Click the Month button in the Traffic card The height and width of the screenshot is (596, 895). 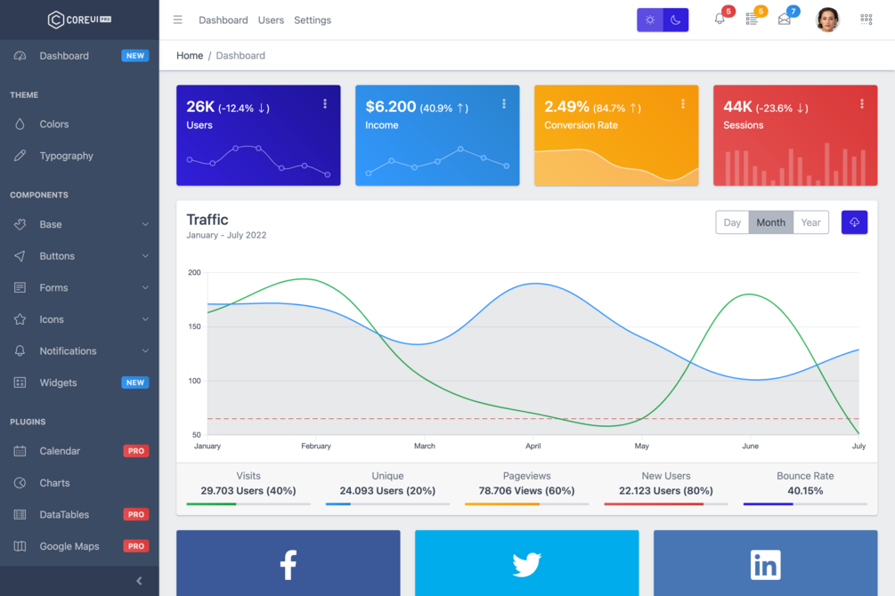(x=770, y=222)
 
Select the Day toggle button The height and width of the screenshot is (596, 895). (x=732, y=222)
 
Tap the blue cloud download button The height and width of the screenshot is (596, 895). (x=854, y=222)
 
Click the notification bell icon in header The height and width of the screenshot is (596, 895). (x=720, y=20)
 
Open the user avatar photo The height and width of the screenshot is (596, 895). (x=827, y=20)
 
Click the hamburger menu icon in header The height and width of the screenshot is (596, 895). (x=178, y=20)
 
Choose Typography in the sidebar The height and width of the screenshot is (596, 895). (x=66, y=156)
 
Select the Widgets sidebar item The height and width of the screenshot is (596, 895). (x=58, y=383)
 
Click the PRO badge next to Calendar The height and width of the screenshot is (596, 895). (x=135, y=451)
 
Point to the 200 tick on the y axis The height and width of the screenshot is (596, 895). (x=194, y=272)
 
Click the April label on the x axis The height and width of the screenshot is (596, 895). (x=533, y=447)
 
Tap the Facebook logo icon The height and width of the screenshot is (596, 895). (x=289, y=565)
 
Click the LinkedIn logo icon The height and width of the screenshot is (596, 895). (x=765, y=565)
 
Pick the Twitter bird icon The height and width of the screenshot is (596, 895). (x=526, y=565)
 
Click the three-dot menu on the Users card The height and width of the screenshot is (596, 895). (x=325, y=104)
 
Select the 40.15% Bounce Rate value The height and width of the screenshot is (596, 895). (x=805, y=491)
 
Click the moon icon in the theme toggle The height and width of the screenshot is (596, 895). (x=676, y=20)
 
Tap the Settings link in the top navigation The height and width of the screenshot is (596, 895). (x=313, y=20)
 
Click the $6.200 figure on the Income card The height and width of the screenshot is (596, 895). (x=391, y=107)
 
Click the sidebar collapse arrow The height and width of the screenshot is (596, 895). (x=139, y=581)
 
